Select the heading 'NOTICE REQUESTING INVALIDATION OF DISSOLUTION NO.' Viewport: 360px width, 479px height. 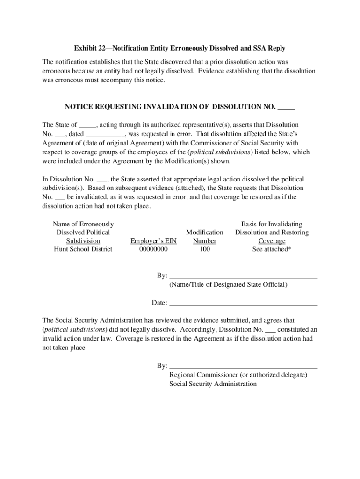pyautogui.click(x=170, y=107)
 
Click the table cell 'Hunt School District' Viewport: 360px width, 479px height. pyautogui.click(x=83, y=249)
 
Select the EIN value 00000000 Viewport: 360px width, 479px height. pyautogui.click(x=153, y=249)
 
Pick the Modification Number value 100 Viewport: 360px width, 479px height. pyautogui.click(x=204, y=249)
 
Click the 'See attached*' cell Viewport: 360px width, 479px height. pyautogui.click(x=272, y=249)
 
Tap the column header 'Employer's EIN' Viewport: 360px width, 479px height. pyautogui.click(x=153, y=241)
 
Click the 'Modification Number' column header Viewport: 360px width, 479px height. pyautogui.click(x=204, y=237)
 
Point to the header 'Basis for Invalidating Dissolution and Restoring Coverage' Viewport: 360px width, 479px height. pyautogui.click(x=272, y=232)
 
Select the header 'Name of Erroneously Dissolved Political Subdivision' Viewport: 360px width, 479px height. pyautogui.click(x=83, y=232)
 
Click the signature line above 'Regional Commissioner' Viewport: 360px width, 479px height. pyautogui.click(x=243, y=368)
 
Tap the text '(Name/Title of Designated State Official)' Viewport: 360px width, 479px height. pyautogui.click(x=228, y=285)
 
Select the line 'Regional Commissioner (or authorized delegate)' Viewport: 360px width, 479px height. pyautogui.click(x=238, y=375)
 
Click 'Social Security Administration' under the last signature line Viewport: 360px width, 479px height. pyautogui.click(x=213, y=384)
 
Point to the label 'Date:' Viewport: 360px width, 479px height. pyautogui.click(x=159, y=303)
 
